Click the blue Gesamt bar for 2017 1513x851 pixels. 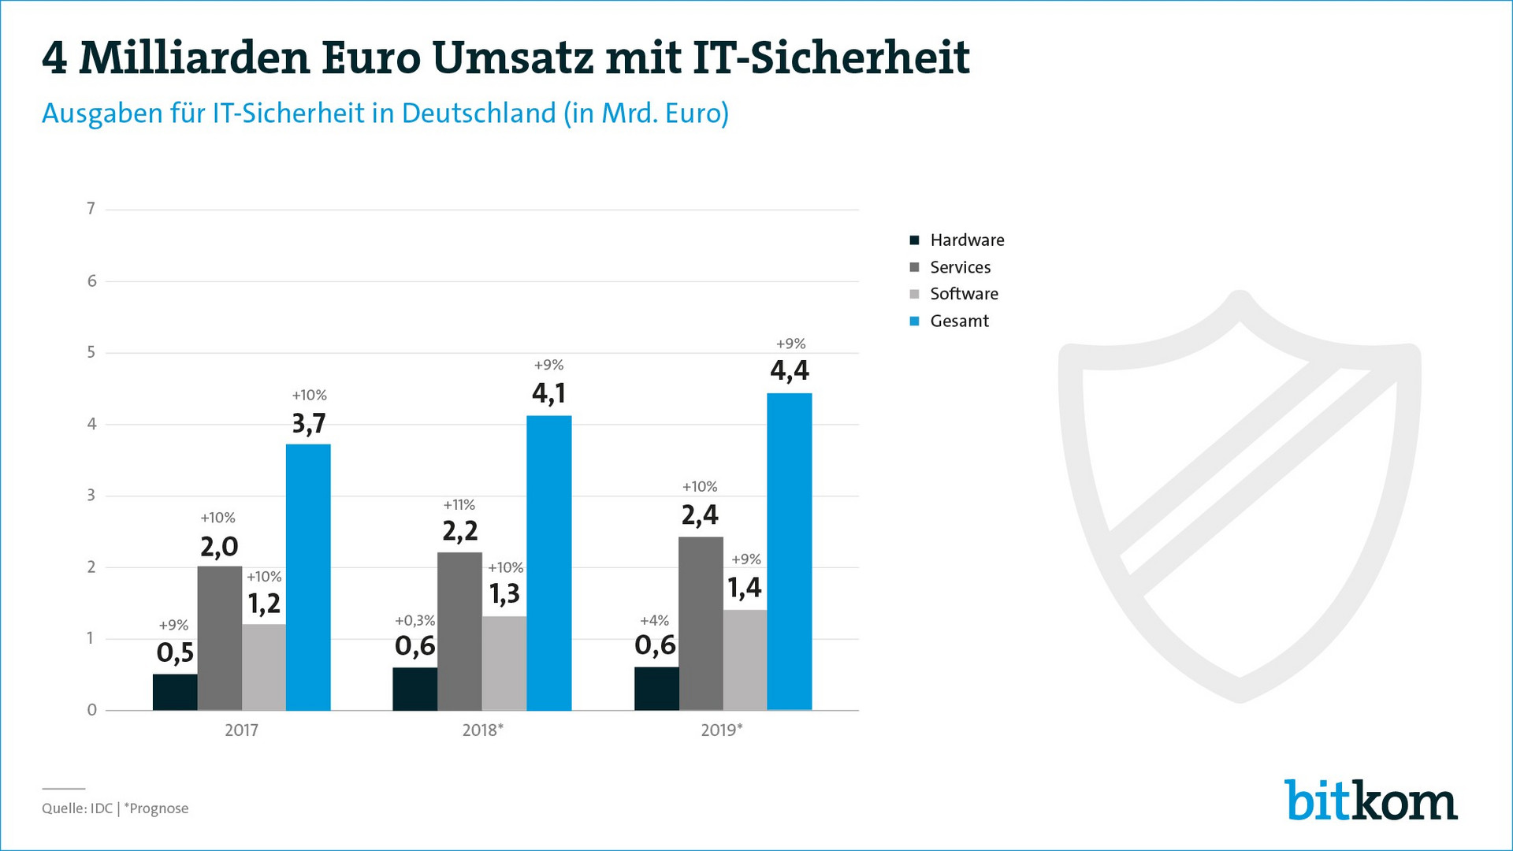pos(308,577)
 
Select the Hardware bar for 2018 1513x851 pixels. pos(414,689)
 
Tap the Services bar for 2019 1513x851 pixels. pos(701,623)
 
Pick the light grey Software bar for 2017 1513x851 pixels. pos(264,667)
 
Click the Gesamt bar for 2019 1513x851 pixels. pos(789,552)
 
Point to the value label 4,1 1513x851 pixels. pos(548,392)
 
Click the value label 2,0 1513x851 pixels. pos(219,546)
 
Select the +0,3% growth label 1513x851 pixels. pos(414,621)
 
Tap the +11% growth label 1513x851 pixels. pos(459,504)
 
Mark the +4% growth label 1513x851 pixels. pos(654,621)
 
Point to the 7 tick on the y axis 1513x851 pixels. pos(91,209)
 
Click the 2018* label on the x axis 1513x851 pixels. pos(482,730)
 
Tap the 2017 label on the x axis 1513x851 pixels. pos(241,730)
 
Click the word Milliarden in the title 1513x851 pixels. pos(195,58)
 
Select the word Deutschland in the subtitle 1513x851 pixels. pos(478,113)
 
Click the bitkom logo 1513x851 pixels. pos(1370,801)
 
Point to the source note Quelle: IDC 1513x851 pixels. pos(77,808)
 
